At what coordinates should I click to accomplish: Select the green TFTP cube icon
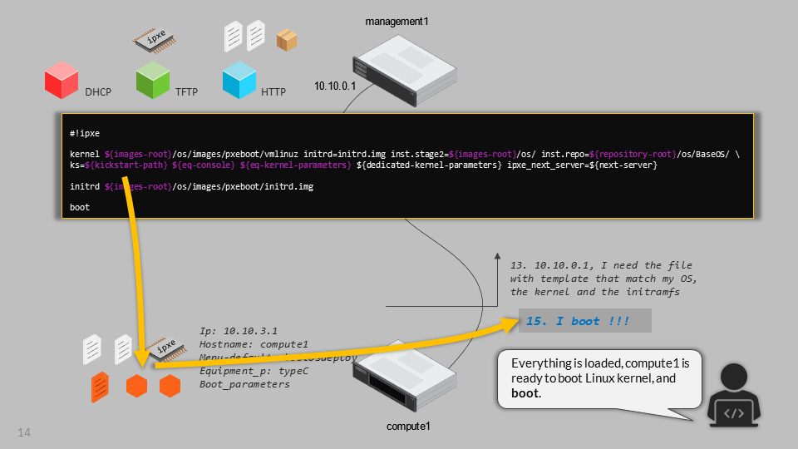tap(153, 81)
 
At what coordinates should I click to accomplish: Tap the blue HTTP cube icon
tap(239, 81)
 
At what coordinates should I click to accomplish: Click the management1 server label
tap(397, 20)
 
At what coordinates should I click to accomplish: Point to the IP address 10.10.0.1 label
tap(334, 86)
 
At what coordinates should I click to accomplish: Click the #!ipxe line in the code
tap(85, 133)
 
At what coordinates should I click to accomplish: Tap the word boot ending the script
tap(80, 208)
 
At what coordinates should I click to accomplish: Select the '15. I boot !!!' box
tap(584, 322)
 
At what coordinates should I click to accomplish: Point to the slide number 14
tap(24, 432)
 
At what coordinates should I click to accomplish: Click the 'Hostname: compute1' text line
tap(254, 344)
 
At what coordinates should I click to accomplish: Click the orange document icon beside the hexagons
tap(99, 387)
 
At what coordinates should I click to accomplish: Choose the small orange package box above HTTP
tap(287, 39)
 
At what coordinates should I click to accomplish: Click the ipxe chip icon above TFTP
tap(158, 38)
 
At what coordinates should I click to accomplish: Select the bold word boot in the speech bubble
tap(525, 392)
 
